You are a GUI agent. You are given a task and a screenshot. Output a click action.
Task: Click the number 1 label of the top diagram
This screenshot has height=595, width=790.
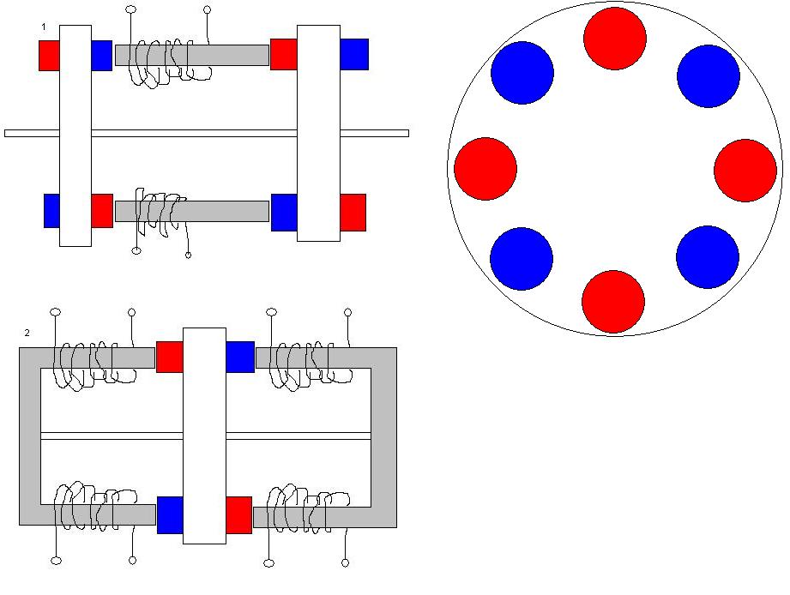44,27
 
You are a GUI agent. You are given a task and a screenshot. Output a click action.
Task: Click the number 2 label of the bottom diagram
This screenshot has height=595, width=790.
27,333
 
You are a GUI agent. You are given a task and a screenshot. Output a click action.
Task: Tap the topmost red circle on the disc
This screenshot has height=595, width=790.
615,39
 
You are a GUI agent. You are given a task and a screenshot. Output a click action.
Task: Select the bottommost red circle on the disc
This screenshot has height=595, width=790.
612,302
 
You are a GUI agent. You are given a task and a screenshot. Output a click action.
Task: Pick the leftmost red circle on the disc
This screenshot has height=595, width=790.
485,169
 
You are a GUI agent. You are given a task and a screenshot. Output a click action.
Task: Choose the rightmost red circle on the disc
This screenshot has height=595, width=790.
745,171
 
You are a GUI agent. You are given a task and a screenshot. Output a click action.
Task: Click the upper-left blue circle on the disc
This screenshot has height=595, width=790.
522,73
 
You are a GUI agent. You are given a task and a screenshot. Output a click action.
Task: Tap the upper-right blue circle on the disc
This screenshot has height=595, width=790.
709,76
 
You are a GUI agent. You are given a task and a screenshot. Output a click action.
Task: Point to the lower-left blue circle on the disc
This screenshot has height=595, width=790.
522,259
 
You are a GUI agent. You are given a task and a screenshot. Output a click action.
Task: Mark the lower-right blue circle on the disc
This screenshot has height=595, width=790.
708,257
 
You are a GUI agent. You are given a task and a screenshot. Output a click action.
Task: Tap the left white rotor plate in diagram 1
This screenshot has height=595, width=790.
75,135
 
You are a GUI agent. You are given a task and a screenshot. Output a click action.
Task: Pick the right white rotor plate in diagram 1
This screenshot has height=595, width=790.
318,133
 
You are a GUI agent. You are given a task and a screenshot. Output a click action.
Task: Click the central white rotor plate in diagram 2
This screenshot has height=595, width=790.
204,436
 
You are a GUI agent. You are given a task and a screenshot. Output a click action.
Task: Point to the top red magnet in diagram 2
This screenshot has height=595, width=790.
170,357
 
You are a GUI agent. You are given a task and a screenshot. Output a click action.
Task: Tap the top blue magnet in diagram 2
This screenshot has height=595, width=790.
240,357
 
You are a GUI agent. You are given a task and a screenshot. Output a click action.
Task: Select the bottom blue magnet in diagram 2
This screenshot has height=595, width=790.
170,514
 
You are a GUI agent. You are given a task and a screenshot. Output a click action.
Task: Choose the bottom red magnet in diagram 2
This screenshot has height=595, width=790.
238,514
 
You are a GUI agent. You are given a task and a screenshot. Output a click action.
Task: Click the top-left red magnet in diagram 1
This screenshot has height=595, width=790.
49,55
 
